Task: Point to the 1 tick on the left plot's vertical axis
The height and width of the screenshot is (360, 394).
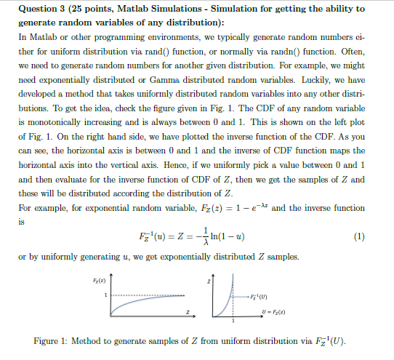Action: click(x=108, y=295)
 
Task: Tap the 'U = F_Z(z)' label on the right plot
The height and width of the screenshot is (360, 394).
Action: click(x=266, y=311)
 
